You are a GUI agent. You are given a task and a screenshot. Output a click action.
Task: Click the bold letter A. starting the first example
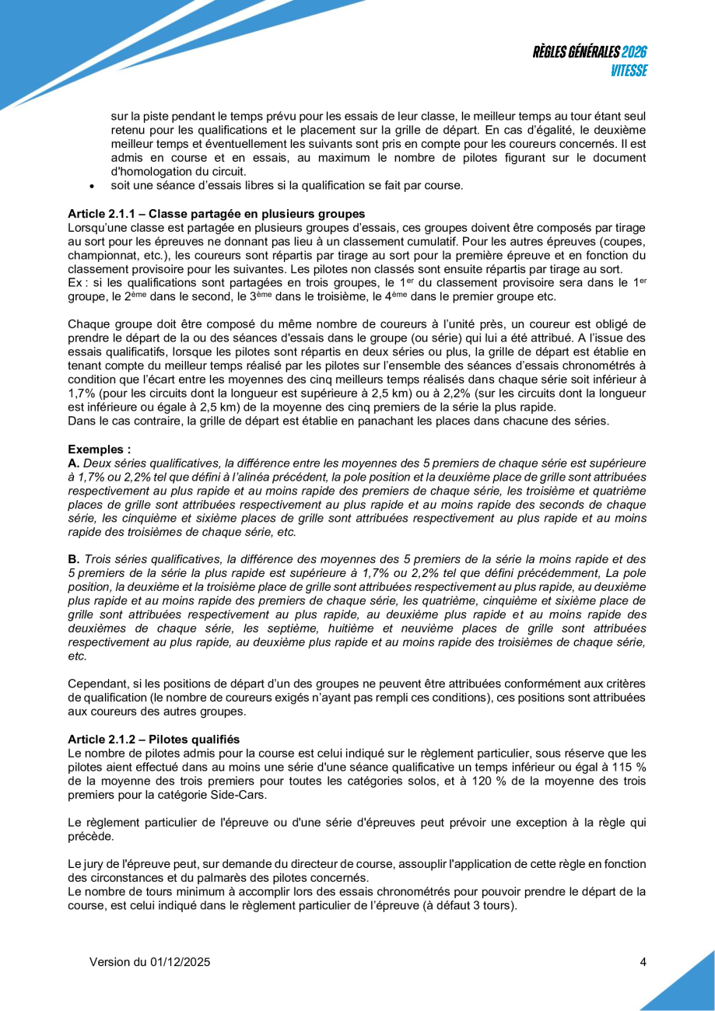pos(74,464)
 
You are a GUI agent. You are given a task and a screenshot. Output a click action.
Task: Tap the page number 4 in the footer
pos(643,962)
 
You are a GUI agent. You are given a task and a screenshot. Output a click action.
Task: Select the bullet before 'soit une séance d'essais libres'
pos(93,186)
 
